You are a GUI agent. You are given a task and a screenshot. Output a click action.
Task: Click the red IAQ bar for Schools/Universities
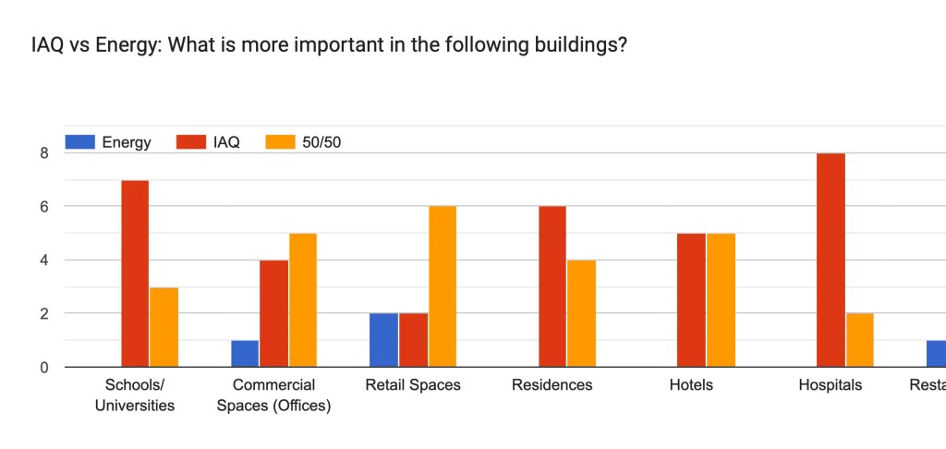click(x=135, y=273)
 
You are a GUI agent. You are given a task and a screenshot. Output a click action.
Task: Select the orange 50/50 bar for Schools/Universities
click(x=164, y=327)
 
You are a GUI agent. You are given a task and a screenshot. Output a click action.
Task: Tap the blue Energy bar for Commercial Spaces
click(x=245, y=354)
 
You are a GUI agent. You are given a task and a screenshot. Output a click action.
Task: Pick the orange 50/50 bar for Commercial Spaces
click(x=302, y=300)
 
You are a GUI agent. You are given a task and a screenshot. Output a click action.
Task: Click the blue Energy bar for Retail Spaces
click(x=384, y=340)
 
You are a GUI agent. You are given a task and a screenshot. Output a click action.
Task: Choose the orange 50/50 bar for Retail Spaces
click(x=442, y=286)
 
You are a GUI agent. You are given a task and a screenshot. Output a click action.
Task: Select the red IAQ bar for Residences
click(x=552, y=286)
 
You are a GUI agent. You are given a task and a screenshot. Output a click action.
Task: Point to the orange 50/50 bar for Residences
click(x=581, y=313)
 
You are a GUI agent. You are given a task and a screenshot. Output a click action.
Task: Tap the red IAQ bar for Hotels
click(x=691, y=300)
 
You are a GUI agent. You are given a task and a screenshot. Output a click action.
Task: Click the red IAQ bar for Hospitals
click(x=831, y=260)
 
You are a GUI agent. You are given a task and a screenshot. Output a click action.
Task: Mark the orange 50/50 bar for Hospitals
click(x=859, y=340)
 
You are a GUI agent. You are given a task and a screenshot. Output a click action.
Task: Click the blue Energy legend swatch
click(x=80, y=142)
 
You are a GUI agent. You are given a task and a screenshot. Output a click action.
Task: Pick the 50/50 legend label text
click(x=321, y=142)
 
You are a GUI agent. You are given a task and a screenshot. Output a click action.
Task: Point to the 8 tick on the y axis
click(x=42, y=153)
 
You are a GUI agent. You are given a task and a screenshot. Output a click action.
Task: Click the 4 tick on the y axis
click(x=42, y=261)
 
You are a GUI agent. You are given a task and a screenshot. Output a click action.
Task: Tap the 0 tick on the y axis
click(x=42, y=368)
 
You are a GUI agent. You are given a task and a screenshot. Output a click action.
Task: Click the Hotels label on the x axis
click(x=691, y=385)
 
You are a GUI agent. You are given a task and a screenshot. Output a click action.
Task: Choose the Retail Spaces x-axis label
click(x=413, y=385)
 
